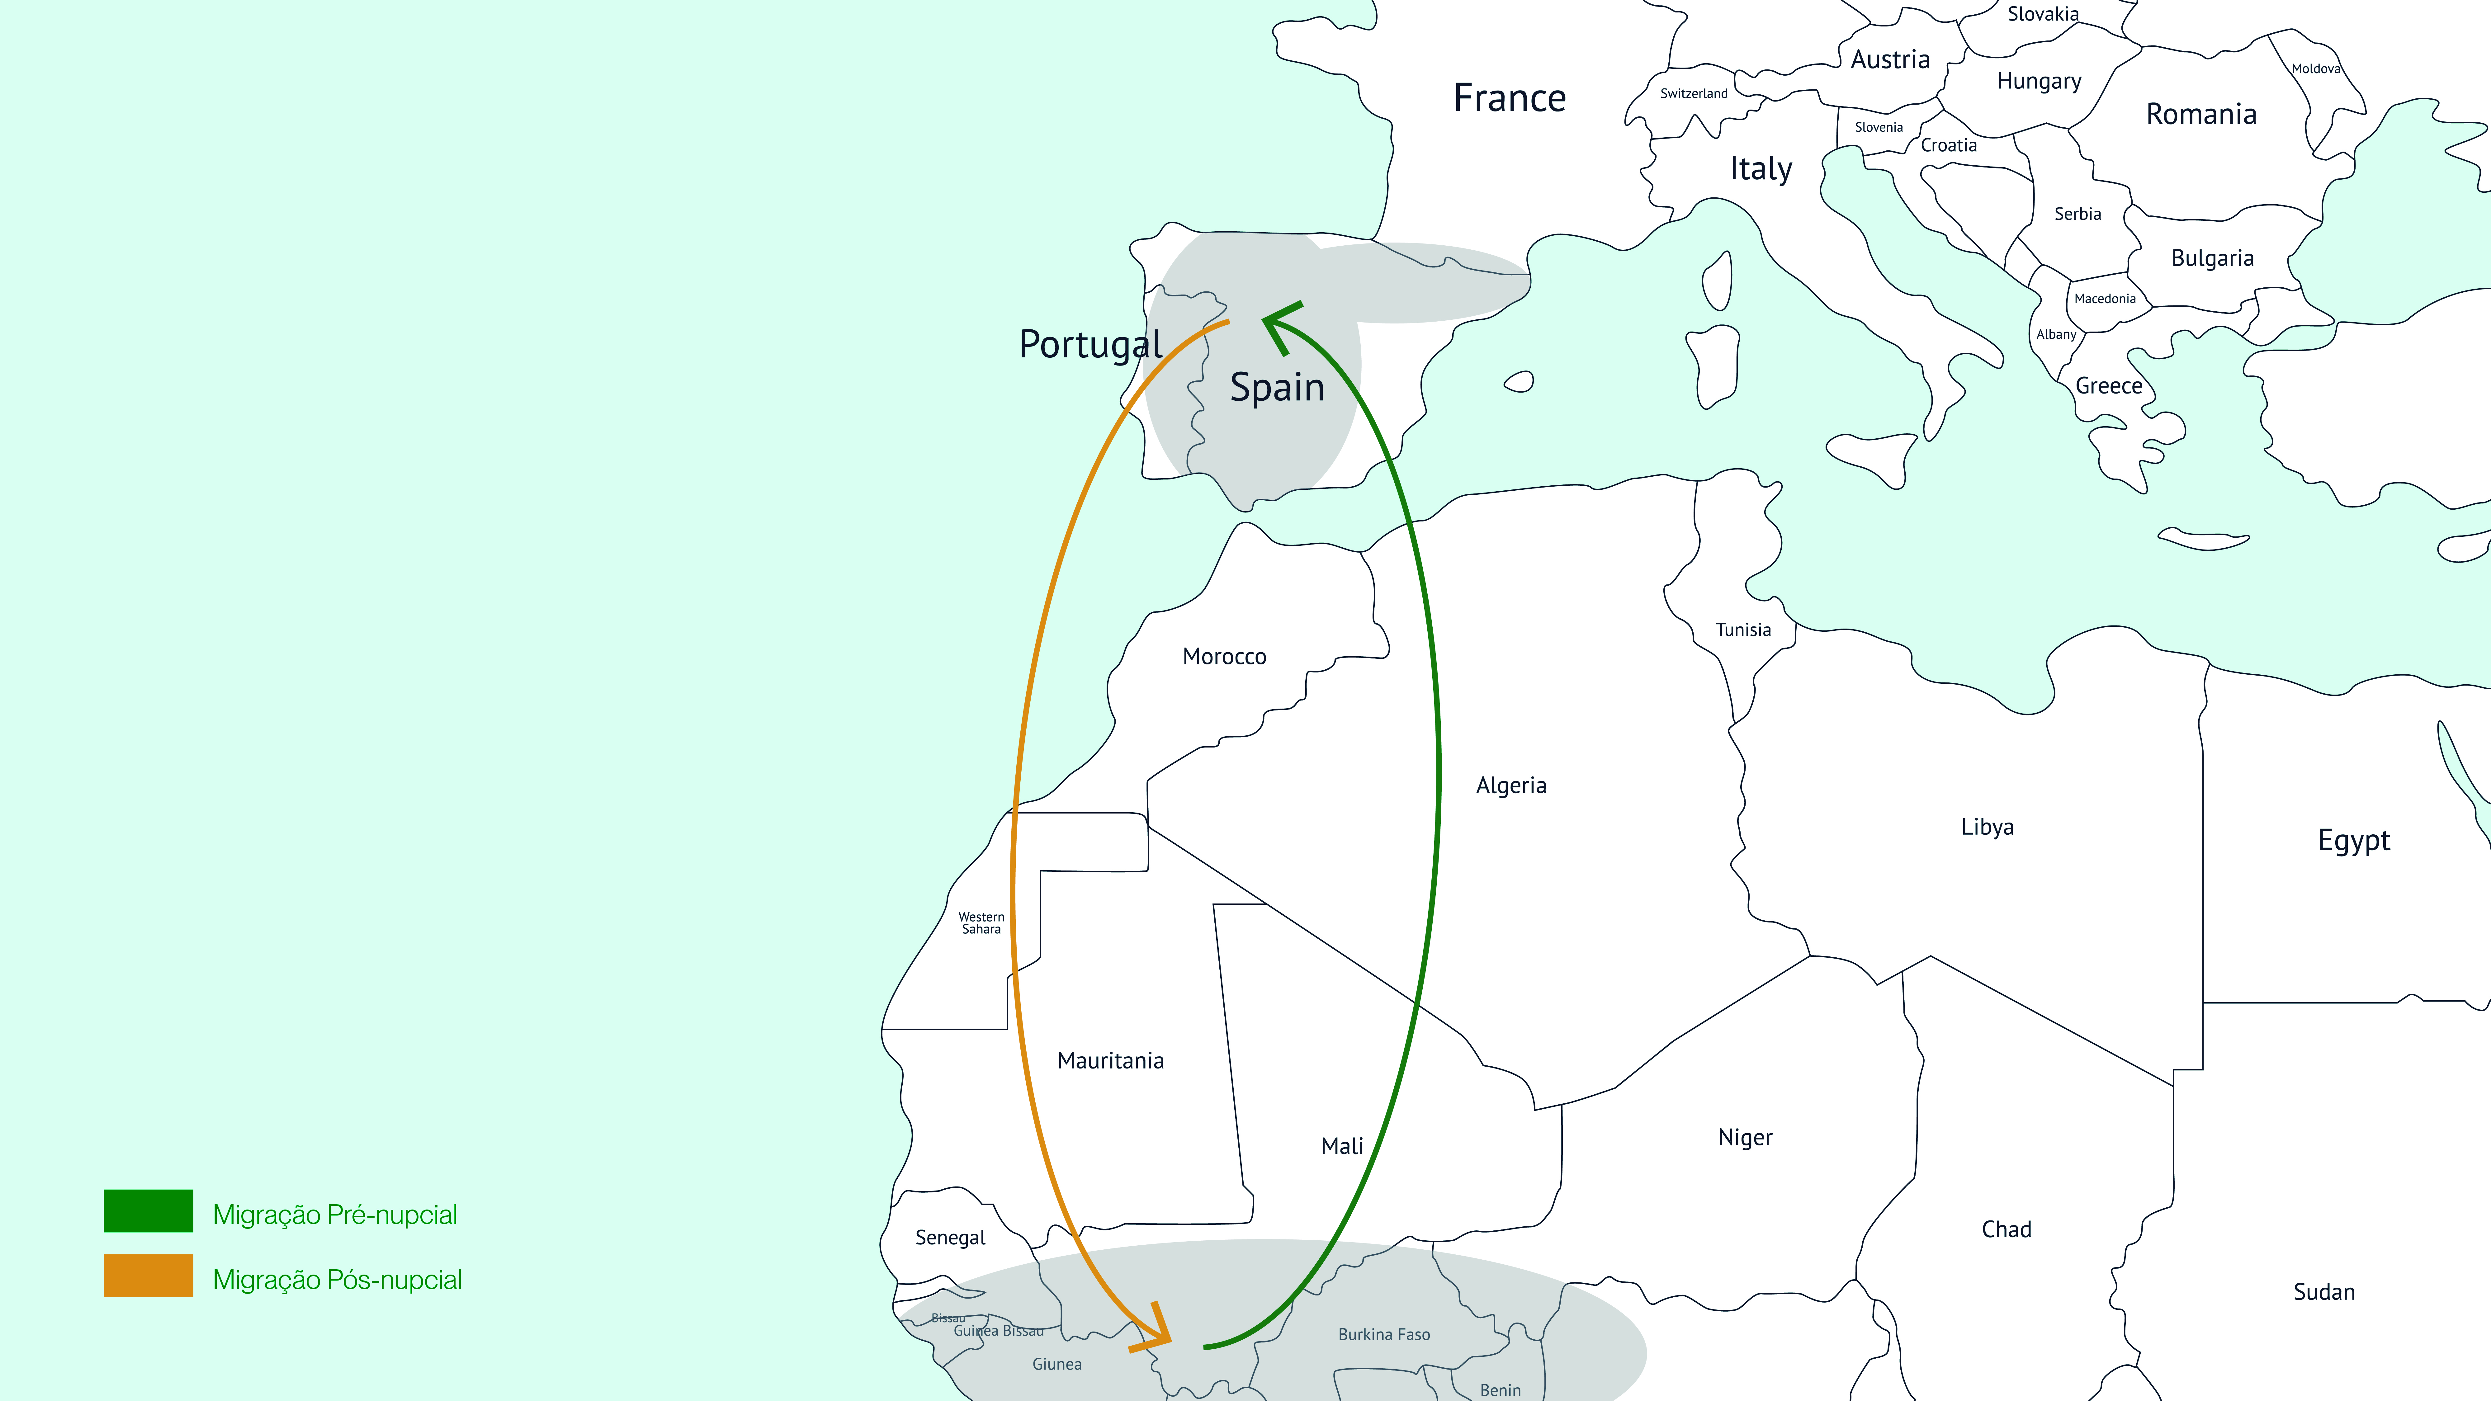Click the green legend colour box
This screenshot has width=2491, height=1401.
pos(148,1210)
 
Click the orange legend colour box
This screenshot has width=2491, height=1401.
pos(148,1275)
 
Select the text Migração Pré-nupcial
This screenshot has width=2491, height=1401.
pos(335,1215)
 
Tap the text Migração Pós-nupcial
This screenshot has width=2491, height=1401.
pos(337,1279)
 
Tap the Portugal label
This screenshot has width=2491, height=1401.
pos(1090,344)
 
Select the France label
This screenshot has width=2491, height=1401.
pos(1510,98)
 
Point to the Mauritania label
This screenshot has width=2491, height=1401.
pos(1110,1061)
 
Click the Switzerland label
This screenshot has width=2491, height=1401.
pos(1693,94)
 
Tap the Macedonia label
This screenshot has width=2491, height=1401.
pos(2104,299)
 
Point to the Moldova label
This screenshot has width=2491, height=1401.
pos(2315,68)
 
